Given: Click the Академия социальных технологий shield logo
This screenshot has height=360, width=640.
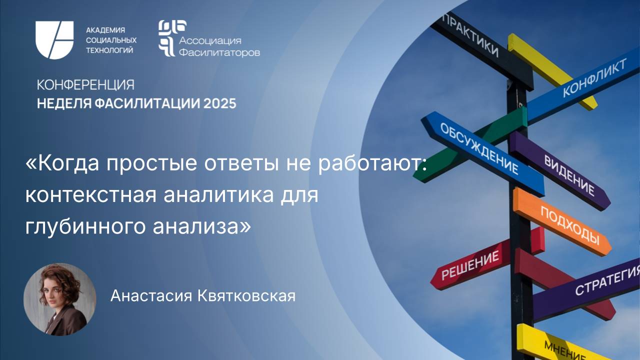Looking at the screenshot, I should [54, 40].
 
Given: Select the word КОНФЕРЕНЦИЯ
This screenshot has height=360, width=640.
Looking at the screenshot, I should [85, 84].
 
